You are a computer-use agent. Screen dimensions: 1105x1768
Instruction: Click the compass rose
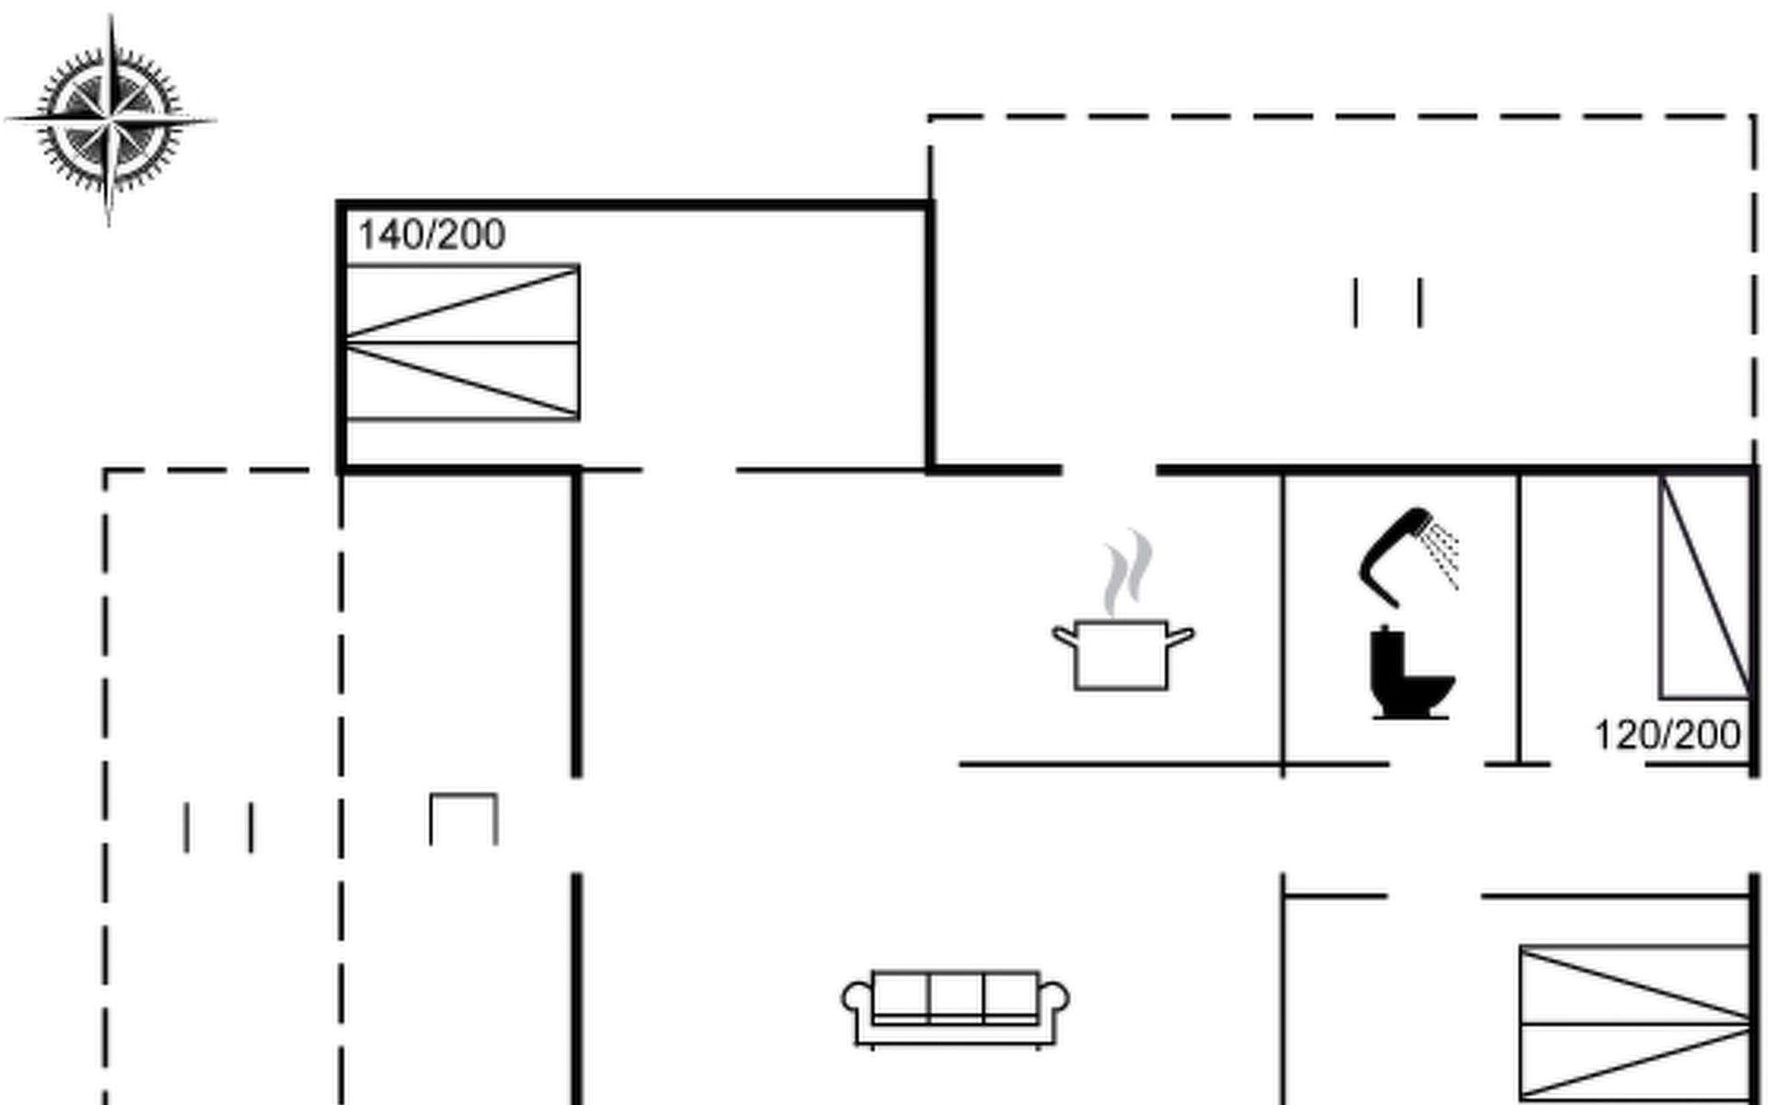110,120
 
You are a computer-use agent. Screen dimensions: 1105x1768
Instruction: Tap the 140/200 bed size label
431,235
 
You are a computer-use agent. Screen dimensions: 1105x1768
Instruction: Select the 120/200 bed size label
1668,735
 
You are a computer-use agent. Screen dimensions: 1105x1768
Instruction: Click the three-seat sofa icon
955,1007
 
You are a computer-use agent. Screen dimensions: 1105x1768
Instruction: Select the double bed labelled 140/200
461,343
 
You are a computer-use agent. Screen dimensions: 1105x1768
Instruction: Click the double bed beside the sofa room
1634,1023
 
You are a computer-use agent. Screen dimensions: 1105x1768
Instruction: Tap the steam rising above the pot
1128,571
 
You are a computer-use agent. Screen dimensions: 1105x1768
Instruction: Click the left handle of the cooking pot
1064,635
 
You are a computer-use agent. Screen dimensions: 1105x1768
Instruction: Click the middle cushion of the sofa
956,994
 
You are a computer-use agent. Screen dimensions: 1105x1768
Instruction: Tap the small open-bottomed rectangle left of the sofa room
464,819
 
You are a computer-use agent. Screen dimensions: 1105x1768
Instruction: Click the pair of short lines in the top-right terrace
1388,302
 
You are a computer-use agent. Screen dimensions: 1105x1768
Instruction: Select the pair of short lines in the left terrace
219,827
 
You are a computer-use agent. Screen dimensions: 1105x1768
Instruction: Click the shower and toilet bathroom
1400,617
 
